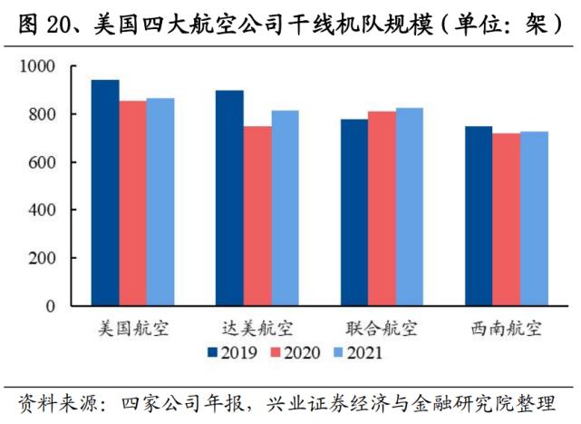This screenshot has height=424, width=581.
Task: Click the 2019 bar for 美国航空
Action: (105, 192)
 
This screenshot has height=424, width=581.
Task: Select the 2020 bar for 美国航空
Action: (133, 203)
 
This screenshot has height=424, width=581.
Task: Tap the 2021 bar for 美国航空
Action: (160, 202)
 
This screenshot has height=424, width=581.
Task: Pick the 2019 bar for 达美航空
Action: (229, 198)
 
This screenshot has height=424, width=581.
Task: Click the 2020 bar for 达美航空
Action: (257, 216)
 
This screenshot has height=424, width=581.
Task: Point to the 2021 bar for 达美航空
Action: (285, 208)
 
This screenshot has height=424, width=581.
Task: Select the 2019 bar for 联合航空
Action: (354, 212)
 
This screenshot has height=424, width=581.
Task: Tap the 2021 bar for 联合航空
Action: (410, 207)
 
